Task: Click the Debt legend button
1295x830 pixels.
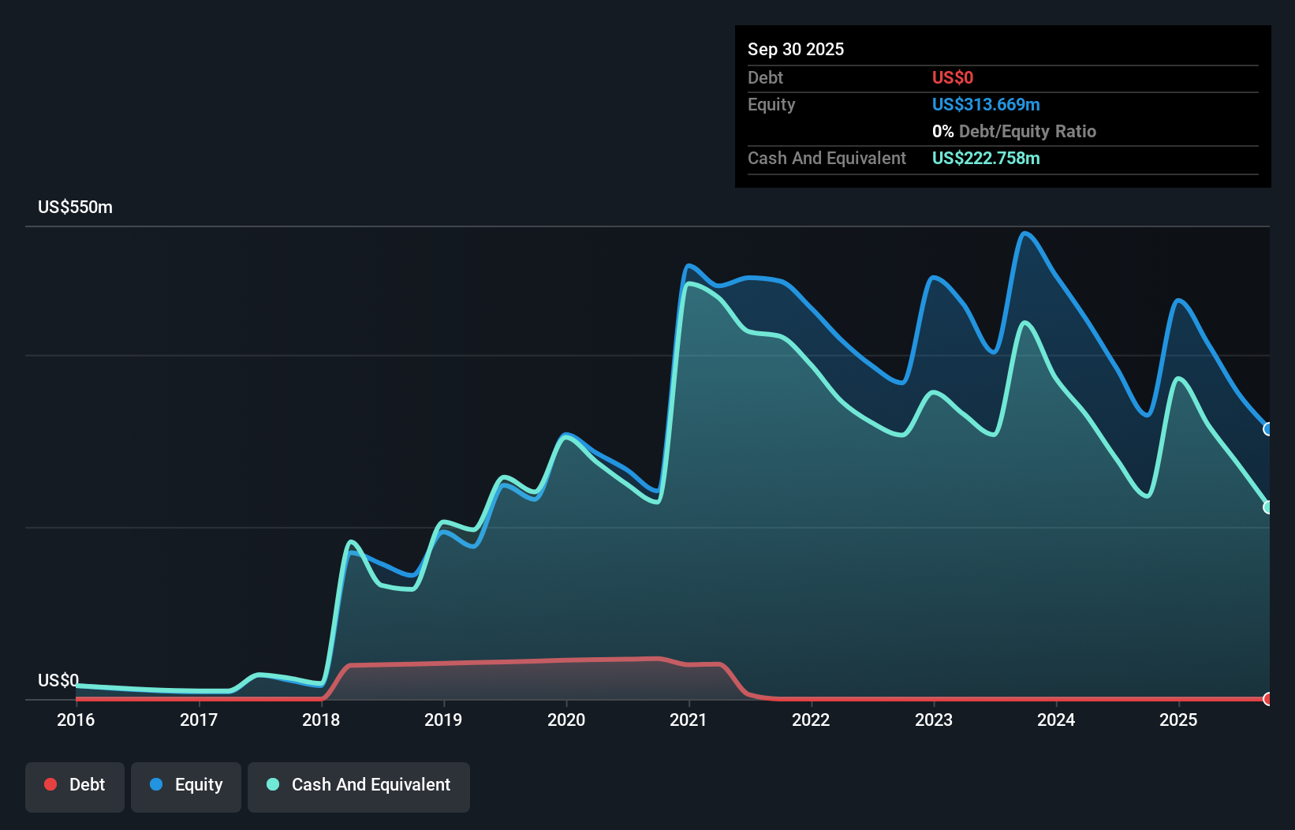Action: point(75,785)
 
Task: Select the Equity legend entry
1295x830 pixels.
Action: point(186,785)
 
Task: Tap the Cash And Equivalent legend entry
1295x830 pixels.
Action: point(359,785)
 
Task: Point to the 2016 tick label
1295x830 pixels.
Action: point(76,720)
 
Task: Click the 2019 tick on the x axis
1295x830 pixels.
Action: point(443,720)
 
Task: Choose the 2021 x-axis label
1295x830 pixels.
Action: point(689,720)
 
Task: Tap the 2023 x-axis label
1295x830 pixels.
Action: point(934,720)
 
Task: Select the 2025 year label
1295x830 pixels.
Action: point(1178,720)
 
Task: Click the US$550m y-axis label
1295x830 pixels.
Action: point(75,207)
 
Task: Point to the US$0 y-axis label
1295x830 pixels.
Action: point(58,680)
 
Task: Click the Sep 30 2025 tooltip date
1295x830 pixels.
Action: point(795,50)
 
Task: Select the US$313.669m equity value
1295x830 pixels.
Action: point(986,105)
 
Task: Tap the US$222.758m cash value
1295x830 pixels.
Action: point(986,159)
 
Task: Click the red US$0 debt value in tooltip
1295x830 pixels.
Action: point(952,78)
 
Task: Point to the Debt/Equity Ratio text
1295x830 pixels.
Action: point(1027,132)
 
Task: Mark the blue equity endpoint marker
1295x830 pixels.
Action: point(1268,429)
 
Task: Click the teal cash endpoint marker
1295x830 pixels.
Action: point(1268,507)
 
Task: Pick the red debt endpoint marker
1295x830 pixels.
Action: point(1268,699)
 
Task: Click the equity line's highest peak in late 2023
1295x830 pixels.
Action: point(1024,234)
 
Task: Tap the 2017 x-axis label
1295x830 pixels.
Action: point(199,720)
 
